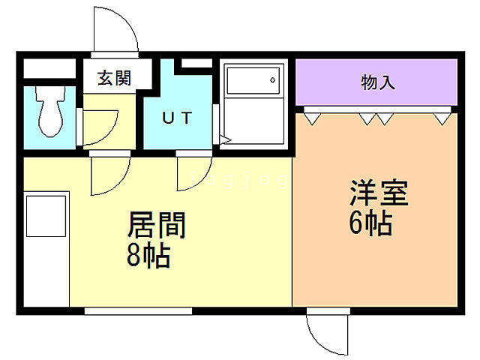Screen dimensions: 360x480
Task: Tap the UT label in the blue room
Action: (178, 118)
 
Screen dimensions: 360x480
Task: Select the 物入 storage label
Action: (377, 82)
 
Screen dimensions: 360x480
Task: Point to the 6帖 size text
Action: (370, 223)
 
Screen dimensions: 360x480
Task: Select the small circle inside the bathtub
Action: (273, 79)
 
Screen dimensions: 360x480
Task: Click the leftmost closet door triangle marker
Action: (311, 117)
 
